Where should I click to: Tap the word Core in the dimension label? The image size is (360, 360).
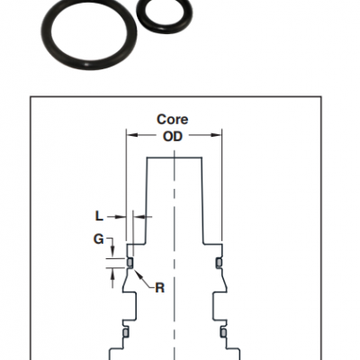tap(173, 120)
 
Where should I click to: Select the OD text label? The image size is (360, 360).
tap(173, 137)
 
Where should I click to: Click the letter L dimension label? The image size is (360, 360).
tap(99, 216)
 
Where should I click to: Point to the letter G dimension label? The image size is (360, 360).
tap(99, 239)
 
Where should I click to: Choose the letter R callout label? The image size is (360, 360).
tap(160, 288)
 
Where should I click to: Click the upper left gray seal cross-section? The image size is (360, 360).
tap(130, 263)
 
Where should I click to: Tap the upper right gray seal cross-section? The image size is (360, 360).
tap(219, 263)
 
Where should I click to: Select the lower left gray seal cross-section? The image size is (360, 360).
tap(126, 332)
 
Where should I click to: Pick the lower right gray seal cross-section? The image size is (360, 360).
tap(223, 332)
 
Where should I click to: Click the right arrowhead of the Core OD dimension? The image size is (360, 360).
tap(216, 135)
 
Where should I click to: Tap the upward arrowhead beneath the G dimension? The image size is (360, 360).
tap(112, 274)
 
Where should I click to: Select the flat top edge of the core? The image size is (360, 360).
tap(174, 157)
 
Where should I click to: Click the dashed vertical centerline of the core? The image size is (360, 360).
tap(175, 255)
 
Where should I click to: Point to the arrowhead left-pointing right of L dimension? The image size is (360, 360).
tap(139, 216)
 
